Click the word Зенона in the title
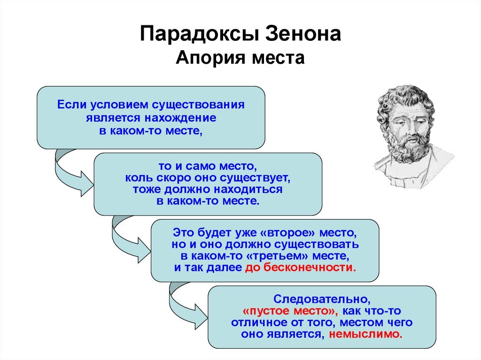point(303,33)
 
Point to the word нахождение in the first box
point(180,118)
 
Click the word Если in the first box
point(72,105)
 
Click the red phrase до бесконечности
point(301,268)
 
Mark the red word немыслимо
point(365,334)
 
